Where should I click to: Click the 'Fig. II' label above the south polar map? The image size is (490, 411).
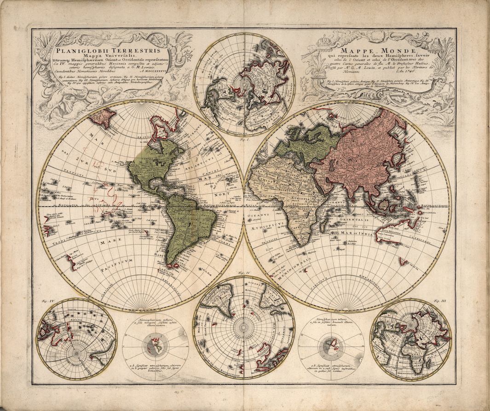coord(244,274)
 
